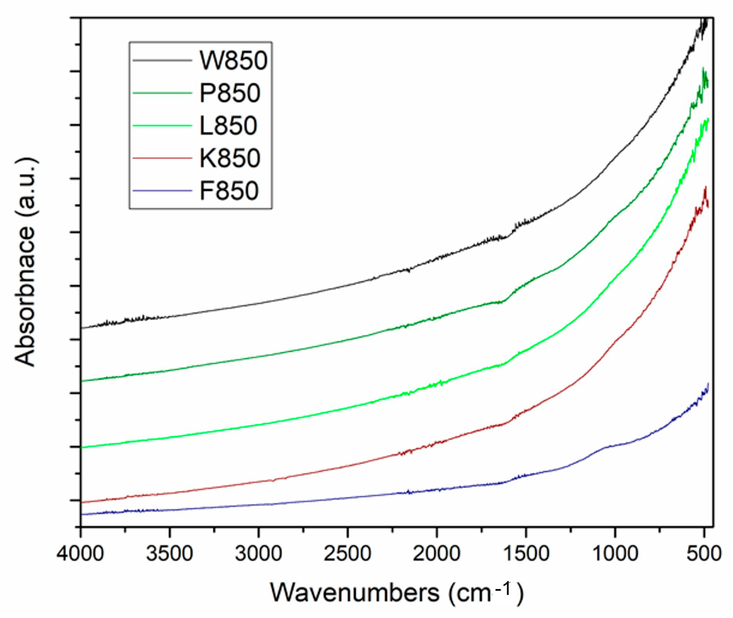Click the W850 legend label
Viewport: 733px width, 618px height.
click(x=234, y=61)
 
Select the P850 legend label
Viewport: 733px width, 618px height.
click(x=230, y=93)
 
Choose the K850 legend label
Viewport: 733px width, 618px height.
click(x=230, y=158)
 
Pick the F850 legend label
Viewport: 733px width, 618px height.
click(x=229, y=191)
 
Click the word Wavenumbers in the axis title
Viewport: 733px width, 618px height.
click(x=354, y=593)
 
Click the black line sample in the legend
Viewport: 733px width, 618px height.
click(x=163, y=61)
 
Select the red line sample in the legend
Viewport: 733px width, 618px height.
click(x=163, y=158)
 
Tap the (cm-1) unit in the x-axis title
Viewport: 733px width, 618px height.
click(x=486, y=593)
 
